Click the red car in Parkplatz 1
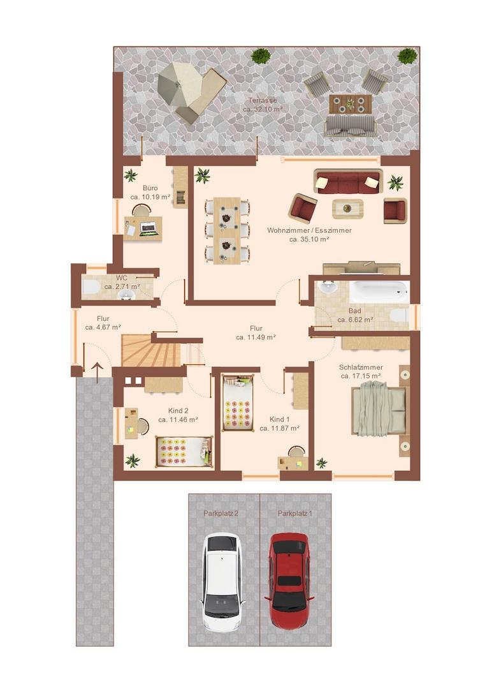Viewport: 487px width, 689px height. [x=289, y=581]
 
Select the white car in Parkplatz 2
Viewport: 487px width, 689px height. [x=222, y=582]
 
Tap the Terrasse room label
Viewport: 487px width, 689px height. [x=263, y=100]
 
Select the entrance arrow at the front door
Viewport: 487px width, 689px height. [x=97, y=371]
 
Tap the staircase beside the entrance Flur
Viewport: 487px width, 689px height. [x=152, y=350]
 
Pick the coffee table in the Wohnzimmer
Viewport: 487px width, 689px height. [x=347, y=208]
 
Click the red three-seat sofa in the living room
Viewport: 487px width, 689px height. [x=348, y=181]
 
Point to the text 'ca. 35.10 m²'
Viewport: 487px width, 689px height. [x=309, y=239]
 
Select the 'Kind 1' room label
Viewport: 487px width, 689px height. [x=280, y=419]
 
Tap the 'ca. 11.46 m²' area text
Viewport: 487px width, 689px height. [x=178, y=420]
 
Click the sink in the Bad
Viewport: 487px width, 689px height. [x=328, y=287]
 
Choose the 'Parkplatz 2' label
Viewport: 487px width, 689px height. [x=221, y=513]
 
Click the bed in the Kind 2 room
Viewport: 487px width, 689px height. [x=184, y=451]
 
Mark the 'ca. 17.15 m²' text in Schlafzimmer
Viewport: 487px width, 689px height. [x=361, y=376]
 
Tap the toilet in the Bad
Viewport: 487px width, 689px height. [x=400, y=315]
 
